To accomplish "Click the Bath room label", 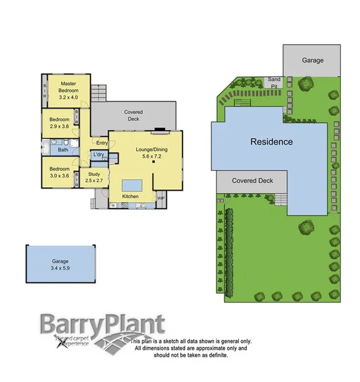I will [x=63, y=149].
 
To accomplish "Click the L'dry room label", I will [x=99, y=155].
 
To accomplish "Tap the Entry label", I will [x=101, y=143].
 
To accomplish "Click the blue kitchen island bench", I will [x=130, y=183].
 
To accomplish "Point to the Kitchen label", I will [x=130, y=196].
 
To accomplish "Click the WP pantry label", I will [x=161, y=199].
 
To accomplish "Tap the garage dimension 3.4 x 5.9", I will [x=60, y=268].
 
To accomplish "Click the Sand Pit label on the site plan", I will [x=273, y=83].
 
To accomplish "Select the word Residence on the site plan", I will [x=271, y=142].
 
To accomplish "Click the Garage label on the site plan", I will [x=313, y=60].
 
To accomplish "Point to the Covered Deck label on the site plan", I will [x=252, y=181].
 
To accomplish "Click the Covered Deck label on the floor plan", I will [x=133, y=114].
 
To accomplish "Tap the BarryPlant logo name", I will [x=101, y=325].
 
